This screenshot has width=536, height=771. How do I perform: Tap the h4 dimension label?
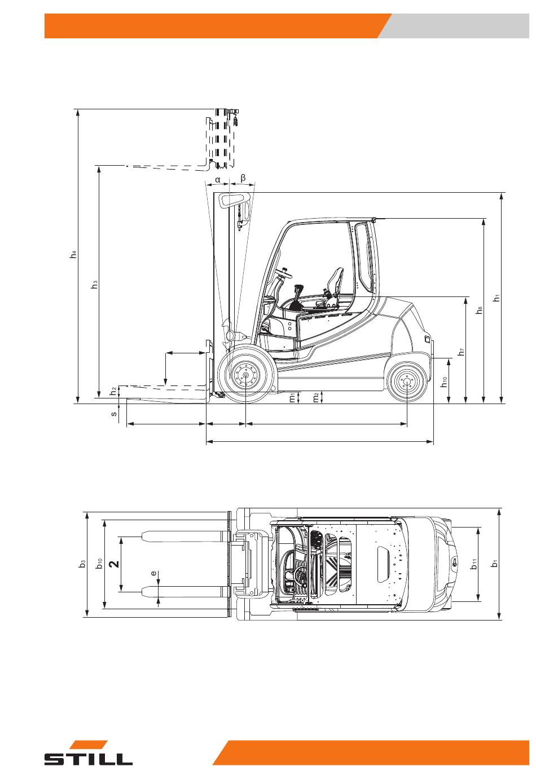tap(73, 254)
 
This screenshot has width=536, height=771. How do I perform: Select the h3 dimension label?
tap(94, 284)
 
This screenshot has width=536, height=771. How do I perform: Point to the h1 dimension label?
tap(497, 298)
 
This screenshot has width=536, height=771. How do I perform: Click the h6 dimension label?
tap(479, 310)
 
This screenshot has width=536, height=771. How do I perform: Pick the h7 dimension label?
tap(462, 352)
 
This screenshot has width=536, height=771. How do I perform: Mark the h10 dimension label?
tap(445, 382)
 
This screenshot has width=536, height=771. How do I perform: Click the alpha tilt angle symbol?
tap(218, 180)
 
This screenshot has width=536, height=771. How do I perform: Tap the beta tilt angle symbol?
tap(243, 178)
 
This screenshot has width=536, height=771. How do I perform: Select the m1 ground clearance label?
tap(292, 398)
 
